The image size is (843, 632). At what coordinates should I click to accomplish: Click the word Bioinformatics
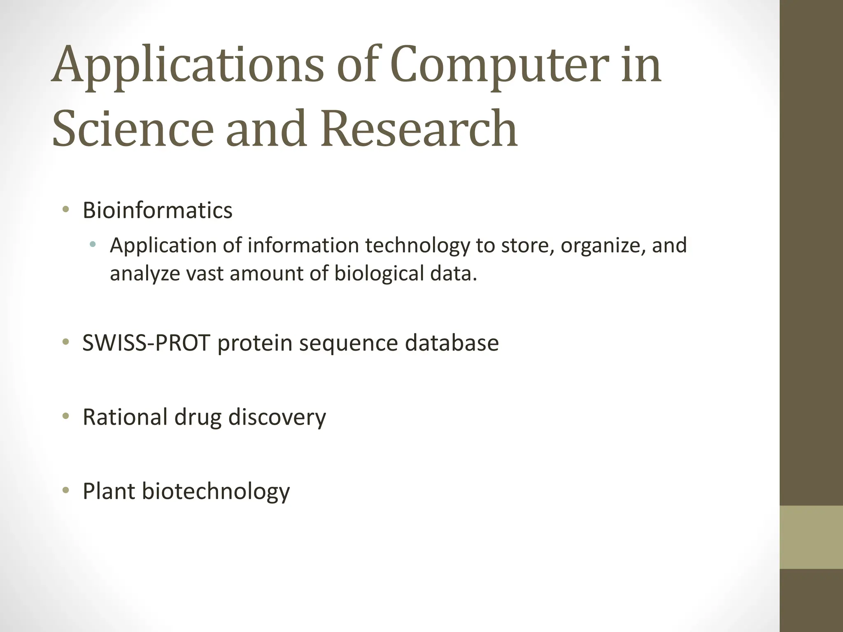pos(157,210)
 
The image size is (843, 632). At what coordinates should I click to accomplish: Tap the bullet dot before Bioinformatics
pos(65,210)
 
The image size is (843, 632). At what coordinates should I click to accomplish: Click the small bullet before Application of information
pos(92,245)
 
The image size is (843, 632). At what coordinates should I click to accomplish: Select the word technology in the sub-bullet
pos(417,246)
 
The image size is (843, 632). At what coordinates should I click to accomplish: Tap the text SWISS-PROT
pos(147,343)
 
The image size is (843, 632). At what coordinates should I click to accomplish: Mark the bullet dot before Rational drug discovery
pos(65,416)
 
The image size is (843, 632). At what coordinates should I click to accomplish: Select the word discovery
pos(277,417)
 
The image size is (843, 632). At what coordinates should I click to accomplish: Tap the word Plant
pos(109,491)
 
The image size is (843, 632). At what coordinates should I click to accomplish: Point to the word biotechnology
pos(216,491)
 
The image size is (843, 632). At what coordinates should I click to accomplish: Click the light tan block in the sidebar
pos(811,537)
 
